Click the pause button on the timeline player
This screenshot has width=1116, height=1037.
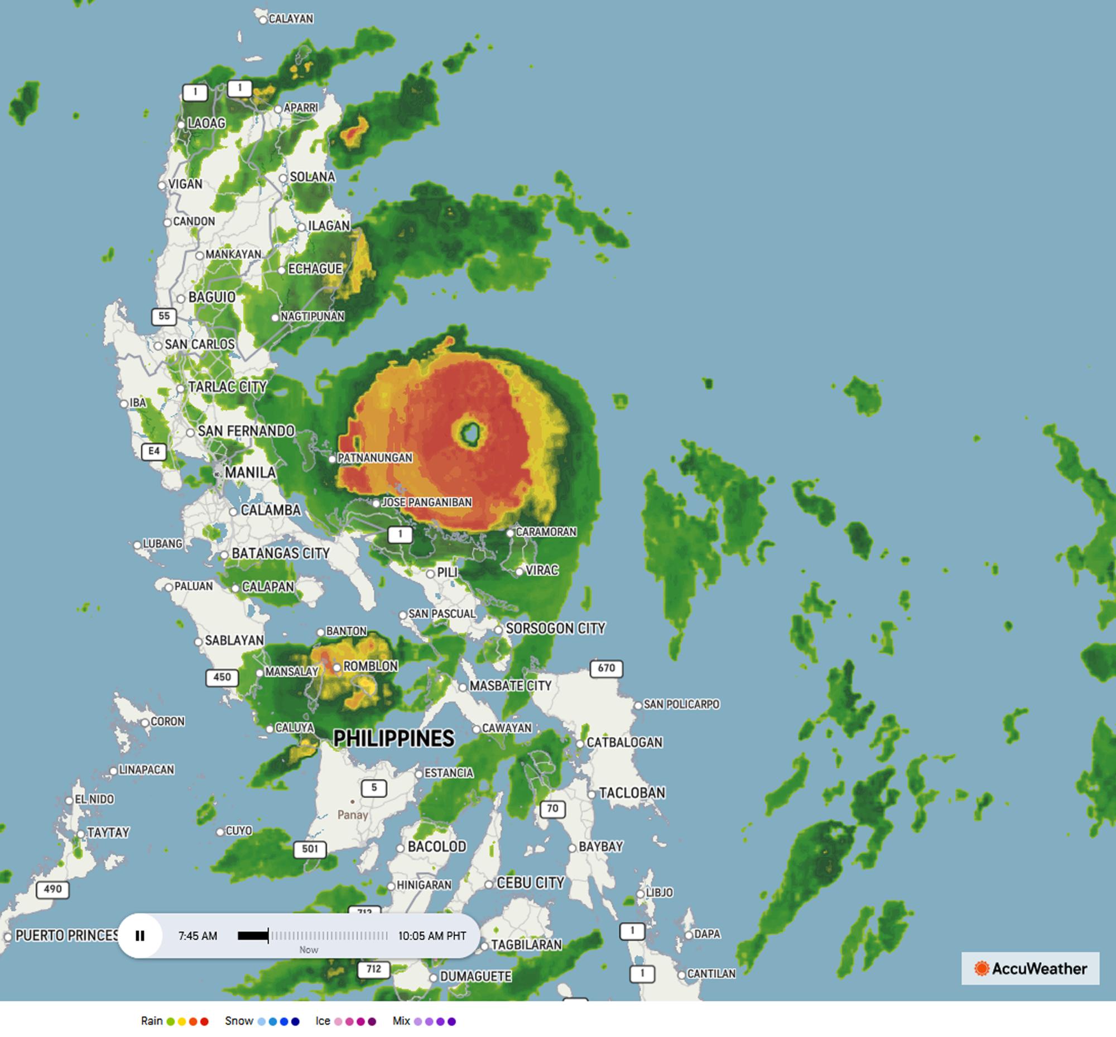click(140, 935)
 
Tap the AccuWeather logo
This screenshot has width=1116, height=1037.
click(1030, 968)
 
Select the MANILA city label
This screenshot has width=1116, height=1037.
click(249, 472)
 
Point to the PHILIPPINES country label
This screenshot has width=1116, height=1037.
click(394, 738)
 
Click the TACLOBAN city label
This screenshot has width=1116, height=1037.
click(632, 792)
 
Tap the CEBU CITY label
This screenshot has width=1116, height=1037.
click(530, 883)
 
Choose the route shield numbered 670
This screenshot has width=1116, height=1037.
click(606, 668)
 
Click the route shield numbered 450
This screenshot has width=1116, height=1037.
click(222, 677)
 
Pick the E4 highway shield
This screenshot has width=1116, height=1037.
click(153, 451)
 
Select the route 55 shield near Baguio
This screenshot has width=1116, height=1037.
click(163, 316)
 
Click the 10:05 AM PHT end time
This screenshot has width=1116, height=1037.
click(432, 935)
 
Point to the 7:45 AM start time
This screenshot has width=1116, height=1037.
click(198, 935)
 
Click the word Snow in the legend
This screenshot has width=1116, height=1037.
click(239, 1021)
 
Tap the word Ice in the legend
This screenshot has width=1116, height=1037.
click(323, 1021)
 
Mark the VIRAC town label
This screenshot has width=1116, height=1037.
click(542, 570)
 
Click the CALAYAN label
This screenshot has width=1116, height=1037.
click(291, 18)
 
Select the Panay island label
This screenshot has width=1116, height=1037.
click(352, 814)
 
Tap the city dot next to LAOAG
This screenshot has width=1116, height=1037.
click(181, 125)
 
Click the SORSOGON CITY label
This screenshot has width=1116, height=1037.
click(555, 628)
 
